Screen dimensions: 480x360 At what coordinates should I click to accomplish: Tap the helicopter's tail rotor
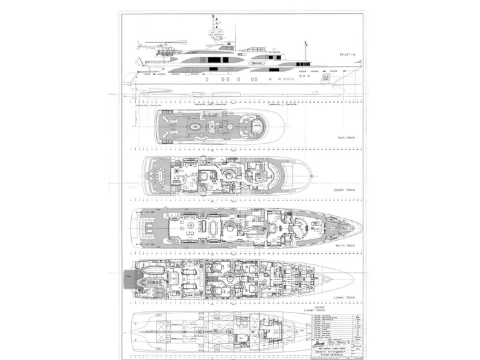coord(139,46)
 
